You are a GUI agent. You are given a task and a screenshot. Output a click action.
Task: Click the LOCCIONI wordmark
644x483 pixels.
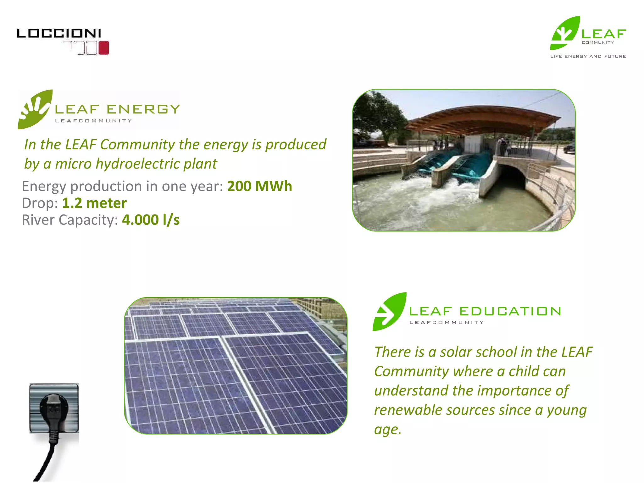[x=59, y=33]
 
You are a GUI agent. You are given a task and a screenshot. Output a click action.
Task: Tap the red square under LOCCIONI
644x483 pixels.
[x=104, y=48]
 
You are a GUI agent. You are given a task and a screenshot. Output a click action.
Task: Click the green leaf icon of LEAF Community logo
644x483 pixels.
[x=565, y=33]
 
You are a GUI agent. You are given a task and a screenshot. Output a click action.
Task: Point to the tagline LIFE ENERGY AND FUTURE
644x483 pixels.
[x=588, y=56]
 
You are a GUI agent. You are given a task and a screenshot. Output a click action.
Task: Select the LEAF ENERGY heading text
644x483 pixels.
[x=117, y=109]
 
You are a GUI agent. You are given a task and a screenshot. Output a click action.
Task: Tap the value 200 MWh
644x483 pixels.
[x=259, y=186]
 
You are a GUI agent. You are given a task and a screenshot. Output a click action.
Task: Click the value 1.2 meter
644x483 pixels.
[x=94, y=203]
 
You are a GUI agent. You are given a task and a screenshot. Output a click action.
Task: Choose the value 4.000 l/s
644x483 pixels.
[x=151, y=220]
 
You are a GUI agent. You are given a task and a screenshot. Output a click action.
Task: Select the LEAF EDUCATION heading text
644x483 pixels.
[x=485, y=311]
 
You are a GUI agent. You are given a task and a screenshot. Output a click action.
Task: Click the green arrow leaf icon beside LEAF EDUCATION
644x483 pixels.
[x=389, y=312]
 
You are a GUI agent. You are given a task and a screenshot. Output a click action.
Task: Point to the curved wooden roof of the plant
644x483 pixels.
[x=481, y=118]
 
